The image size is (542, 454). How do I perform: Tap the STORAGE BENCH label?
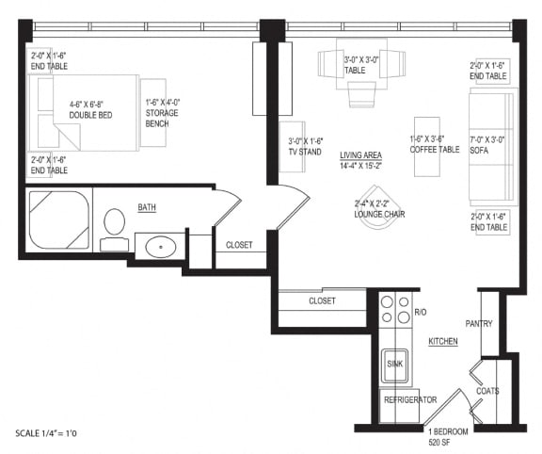[x=161, y=113]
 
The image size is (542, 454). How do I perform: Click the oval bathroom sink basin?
[x=160, y=248]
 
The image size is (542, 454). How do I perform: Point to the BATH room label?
[x=148, y=207]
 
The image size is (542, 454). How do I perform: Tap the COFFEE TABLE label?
[x=434, y=145]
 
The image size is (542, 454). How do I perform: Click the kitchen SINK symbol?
[x=394, y=364]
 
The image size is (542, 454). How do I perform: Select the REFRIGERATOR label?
[x=409, y=399]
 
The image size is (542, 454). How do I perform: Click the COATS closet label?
[x=487, y=390]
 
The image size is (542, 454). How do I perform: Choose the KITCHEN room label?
[x=442, y=341]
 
